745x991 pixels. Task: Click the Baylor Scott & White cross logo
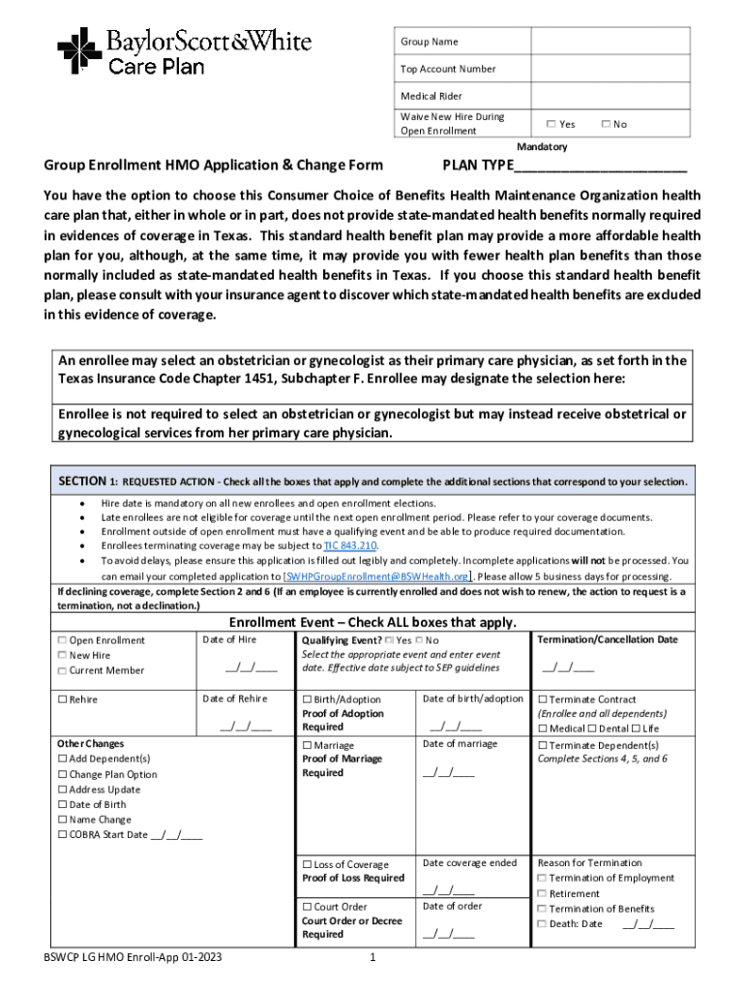click(x=79, y=48)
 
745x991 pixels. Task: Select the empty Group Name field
click(x=610, y=41)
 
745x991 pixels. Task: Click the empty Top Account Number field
click(x=610, y=69)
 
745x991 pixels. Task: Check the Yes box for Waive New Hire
click(x=551, y=124)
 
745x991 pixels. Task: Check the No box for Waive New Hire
click(x=606, y=124)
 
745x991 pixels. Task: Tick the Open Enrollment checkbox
click(x=63, y=641)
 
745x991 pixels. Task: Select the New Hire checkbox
click(x=63, y=655)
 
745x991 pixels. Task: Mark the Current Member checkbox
click(x=63, y=671)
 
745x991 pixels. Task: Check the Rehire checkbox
click(x=63, y=700)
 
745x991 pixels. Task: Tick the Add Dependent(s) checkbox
click(x=63, y=759)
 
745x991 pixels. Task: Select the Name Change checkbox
click(x=63, y=819)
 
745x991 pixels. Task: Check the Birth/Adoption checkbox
click(x=308, y=700)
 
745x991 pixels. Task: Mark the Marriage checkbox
click(x=308, y=745)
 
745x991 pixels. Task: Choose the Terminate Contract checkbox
click(x=543, y=700)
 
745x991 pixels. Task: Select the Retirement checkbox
click(x=543, y=893)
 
